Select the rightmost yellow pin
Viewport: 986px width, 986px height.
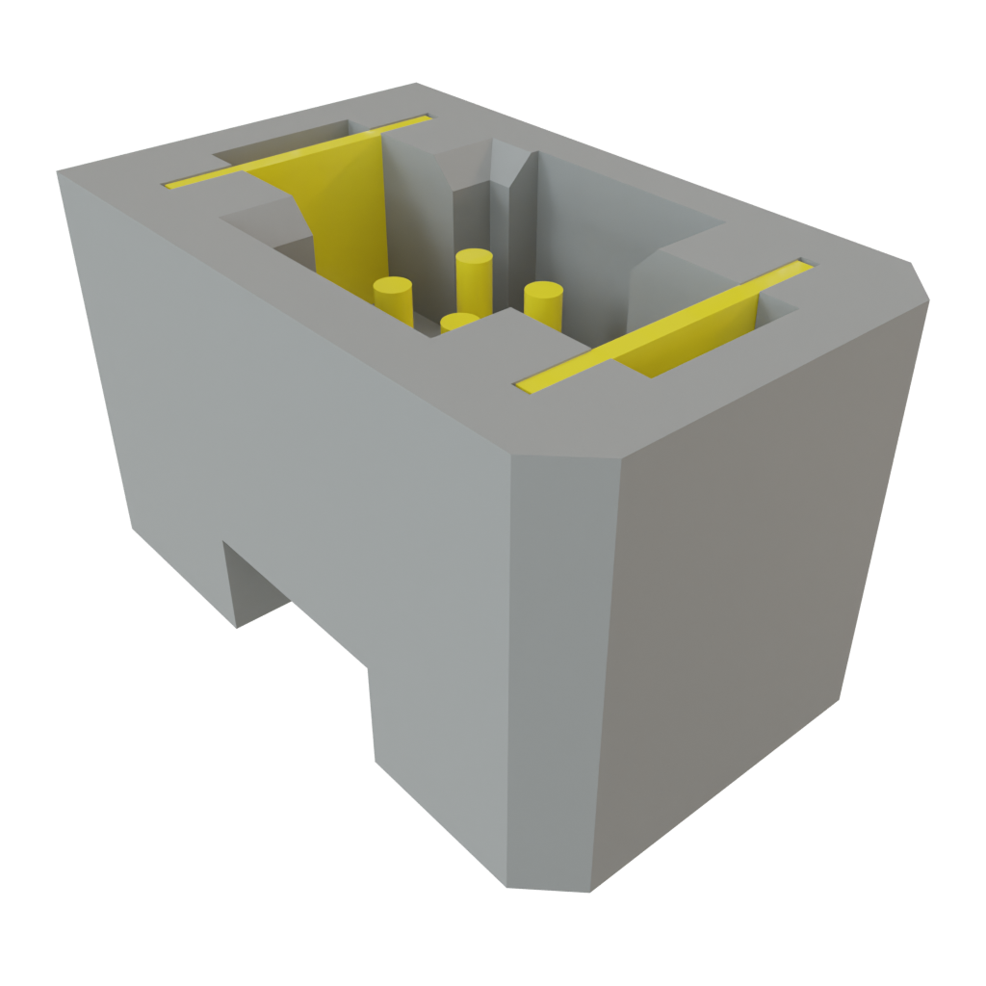click(543, 300)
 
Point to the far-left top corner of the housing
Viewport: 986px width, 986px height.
click(60, 172)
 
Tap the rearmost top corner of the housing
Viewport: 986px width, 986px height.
click(416, 84)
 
